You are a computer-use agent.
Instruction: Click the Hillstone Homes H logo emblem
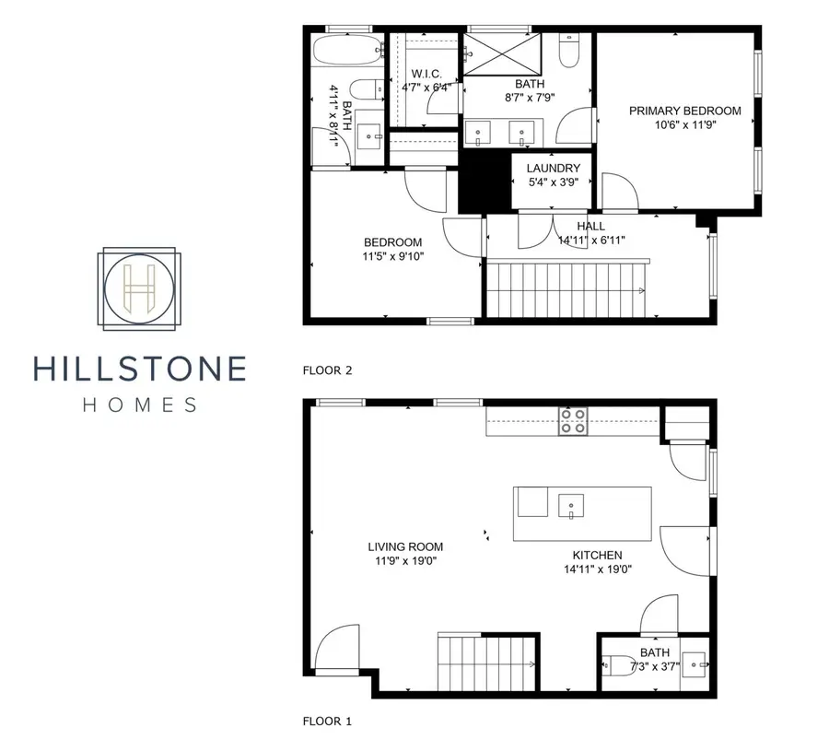(140, 288)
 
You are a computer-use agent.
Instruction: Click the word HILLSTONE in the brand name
(140, 369)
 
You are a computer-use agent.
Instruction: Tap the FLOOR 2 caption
(328, 370)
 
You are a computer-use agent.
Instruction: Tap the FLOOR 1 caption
(327, 722)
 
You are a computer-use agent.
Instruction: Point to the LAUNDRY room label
(554, 168)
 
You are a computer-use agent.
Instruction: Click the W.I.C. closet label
(426, 74)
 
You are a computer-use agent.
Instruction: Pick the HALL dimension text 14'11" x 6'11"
(592, 241)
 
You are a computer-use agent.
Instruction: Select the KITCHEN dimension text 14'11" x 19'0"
(597, 569)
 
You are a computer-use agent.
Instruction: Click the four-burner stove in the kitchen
(572, 422)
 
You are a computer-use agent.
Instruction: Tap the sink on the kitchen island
(571, 504)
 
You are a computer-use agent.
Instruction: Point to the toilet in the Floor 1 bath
(615, 665)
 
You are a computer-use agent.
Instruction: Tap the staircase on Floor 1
(485, 663)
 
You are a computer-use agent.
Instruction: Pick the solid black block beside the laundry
(485, 180)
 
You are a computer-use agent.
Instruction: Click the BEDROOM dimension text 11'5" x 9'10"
(393, 257)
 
